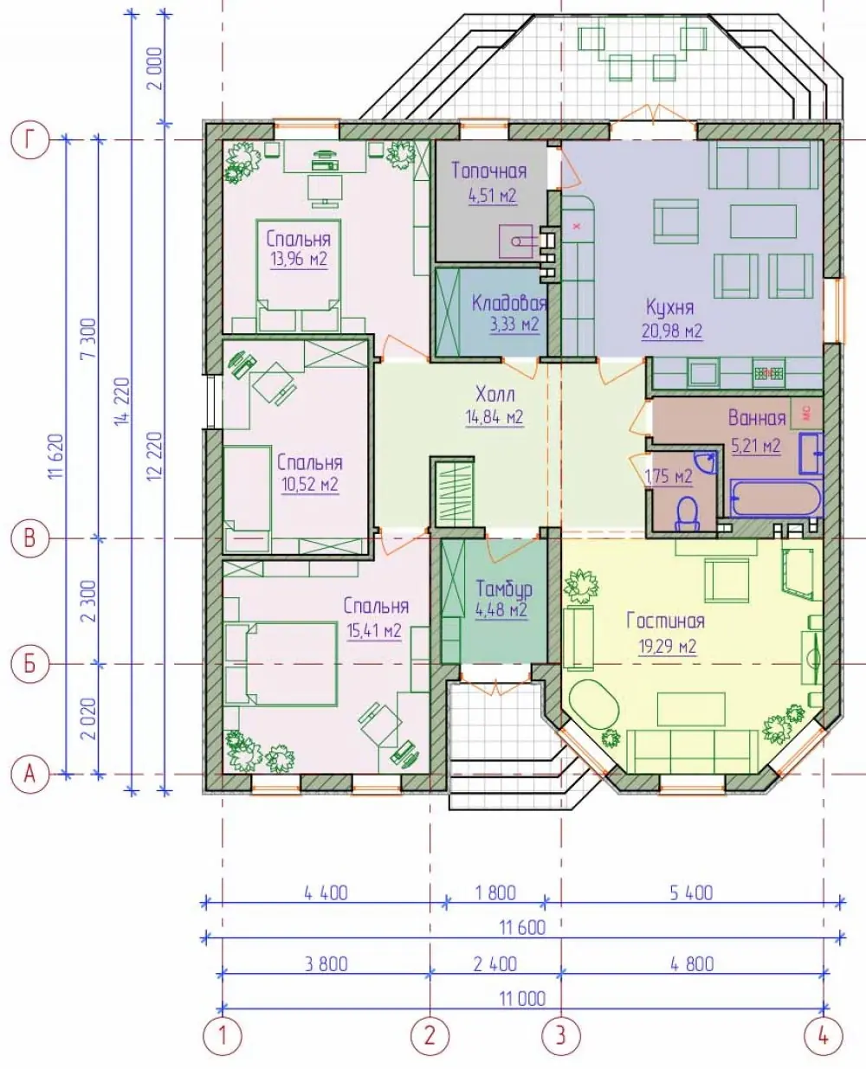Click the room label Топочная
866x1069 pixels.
(489, 171)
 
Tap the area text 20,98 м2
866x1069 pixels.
(672, 332)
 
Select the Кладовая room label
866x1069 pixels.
(509, 303)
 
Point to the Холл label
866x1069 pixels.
(495, 395)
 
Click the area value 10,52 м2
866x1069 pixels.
(310, 485)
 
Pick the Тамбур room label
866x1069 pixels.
(504, 589)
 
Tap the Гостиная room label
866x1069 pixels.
(666, 621)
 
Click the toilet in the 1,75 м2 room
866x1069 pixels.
(687, 512)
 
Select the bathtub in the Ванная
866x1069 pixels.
(776, 499)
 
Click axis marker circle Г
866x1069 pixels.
(30, 140)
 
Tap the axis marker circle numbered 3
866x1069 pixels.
(561, 1035)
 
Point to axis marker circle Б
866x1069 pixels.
(30, 665)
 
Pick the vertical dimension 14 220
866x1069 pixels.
(122, 402)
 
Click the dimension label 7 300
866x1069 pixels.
(88, 338)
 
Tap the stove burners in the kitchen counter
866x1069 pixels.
(769, 373)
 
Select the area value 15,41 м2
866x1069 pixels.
(374, 630)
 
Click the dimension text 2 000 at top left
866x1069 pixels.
(156, 68)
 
